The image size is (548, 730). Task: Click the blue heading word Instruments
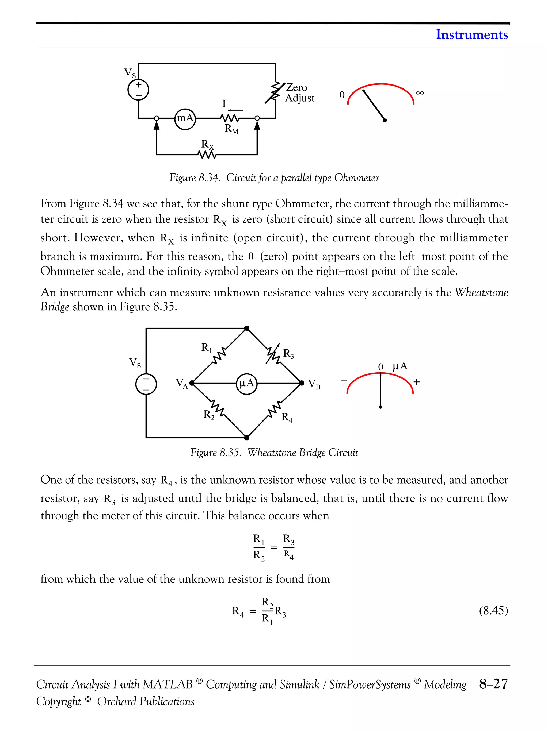click(471, 34)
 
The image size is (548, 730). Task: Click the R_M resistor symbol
click(229, 118)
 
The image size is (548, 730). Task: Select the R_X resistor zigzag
click(207, 155)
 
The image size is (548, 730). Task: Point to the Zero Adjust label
click(299, 93)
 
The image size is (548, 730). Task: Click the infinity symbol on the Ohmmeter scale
click(420, 93)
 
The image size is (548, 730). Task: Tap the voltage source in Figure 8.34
click(138, 90)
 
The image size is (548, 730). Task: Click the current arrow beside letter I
click(235, 110)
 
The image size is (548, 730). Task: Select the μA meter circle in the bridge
click(246, 383)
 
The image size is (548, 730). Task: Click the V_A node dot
click(191, 383)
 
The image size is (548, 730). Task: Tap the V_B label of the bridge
click(314, 384)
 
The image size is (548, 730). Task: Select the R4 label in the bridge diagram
click(286, 418)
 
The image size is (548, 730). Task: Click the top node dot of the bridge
click(246, 328)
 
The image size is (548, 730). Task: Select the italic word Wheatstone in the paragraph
click(481, 292)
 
